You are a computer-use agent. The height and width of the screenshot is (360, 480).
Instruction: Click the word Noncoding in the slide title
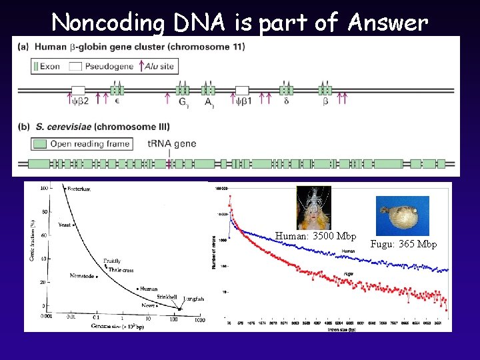[x=107, y=23]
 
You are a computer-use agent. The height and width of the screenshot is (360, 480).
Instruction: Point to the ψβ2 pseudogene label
[x=78, y=101]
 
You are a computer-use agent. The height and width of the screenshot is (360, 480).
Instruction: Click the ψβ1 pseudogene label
[x=243, y=101]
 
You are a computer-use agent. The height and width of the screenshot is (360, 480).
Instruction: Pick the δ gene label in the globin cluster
[x=287, y=101]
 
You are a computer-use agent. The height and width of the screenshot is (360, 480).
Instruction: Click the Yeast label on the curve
[x=65, y=225]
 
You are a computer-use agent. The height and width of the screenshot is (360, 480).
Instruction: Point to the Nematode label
[x=81, y=275]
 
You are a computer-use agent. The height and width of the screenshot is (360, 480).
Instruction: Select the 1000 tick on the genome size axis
[x=198, y=320]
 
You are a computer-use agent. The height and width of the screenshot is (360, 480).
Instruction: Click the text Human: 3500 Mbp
[x=315, y=236]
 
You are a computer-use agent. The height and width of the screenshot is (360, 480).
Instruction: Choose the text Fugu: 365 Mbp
[x=403, y=244]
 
